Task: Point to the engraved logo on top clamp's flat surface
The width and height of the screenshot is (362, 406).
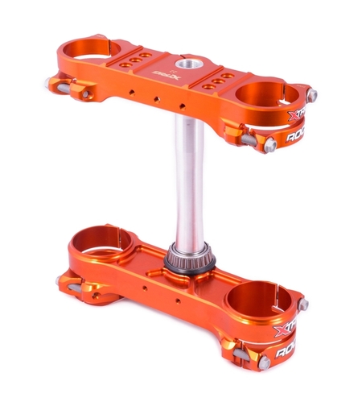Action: (157, 72)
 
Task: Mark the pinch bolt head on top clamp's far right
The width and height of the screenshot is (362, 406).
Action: (311, 95)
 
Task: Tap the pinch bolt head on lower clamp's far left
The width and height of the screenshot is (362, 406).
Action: (60, 281)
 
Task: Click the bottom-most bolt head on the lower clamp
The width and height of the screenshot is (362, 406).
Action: (265, 364)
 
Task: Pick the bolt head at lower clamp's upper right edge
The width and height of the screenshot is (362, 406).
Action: (303, 304)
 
